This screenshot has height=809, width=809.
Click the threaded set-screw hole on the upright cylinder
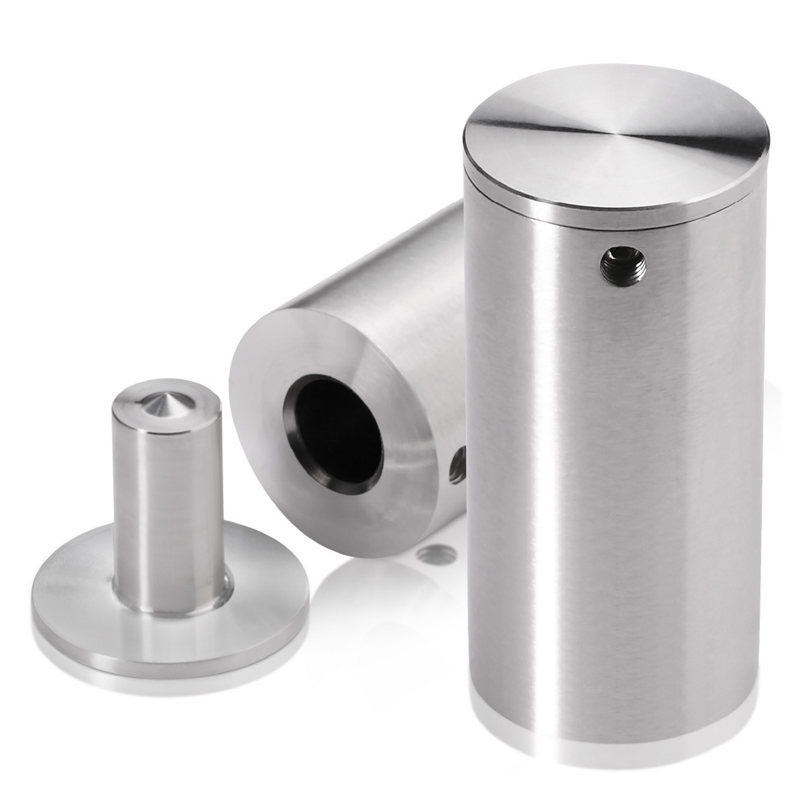(x=623, y=265)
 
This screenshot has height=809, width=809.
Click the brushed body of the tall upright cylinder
(x=615, y=485)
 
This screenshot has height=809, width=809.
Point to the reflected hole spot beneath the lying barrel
(x=437, y=554)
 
